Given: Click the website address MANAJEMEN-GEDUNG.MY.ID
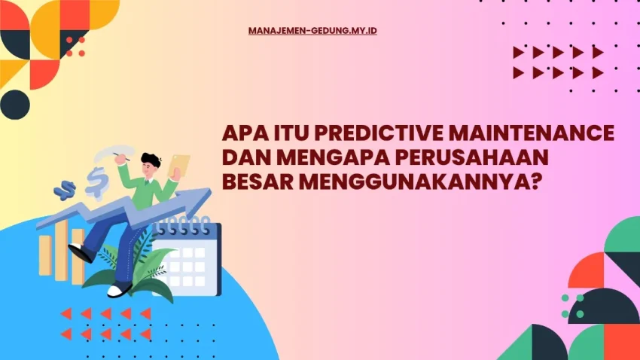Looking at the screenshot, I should pos(312,32).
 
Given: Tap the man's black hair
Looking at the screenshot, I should pos(151,160).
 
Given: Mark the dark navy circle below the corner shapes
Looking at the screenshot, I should pos(15,104).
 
